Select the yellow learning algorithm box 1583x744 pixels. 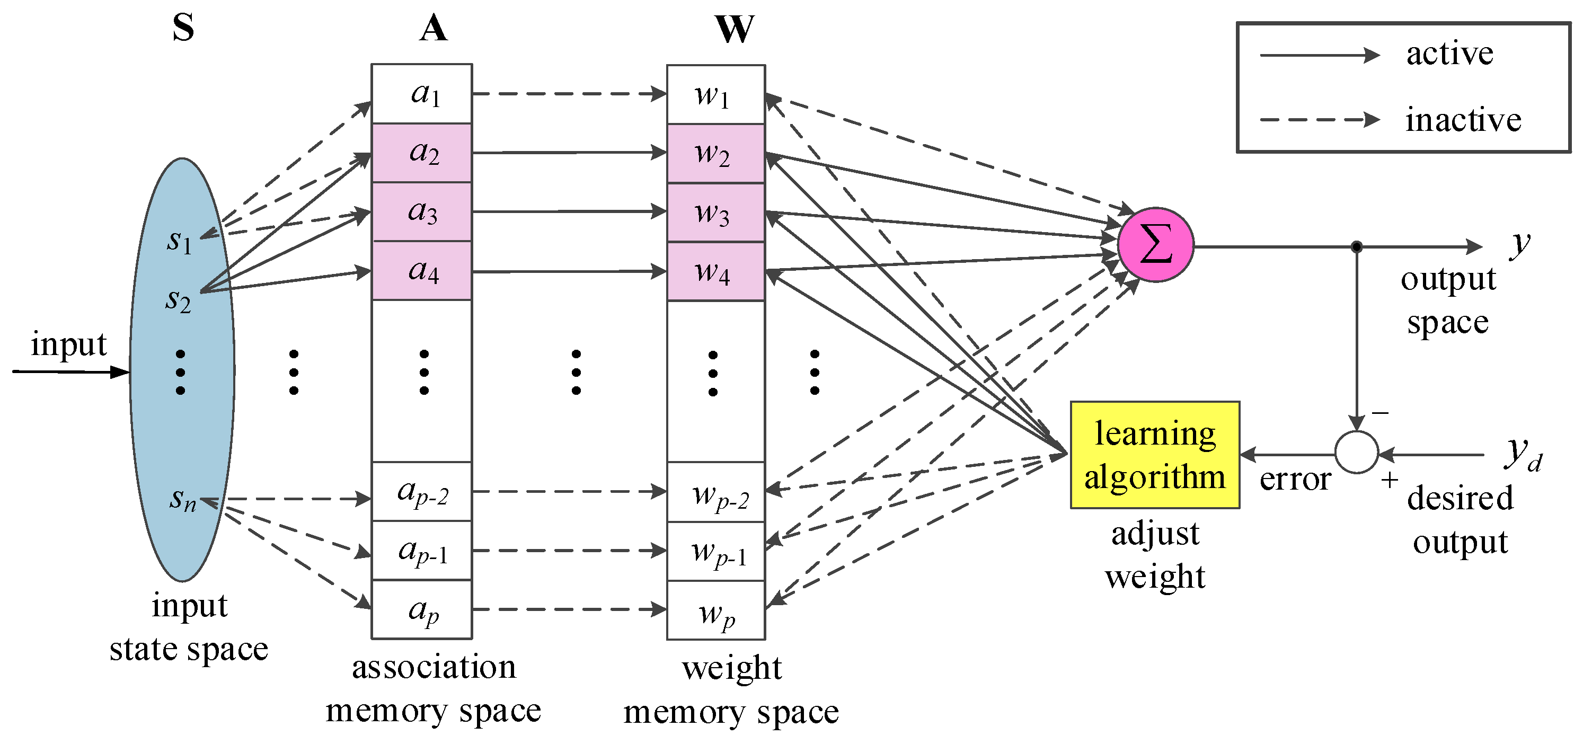1154,455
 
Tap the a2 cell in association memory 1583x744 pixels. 421,153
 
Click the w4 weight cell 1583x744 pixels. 715,271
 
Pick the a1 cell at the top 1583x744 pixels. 421,94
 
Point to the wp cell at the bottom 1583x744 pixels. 715,610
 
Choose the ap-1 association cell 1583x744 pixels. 421,551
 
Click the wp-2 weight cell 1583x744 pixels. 715,492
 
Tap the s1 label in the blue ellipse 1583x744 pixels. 179,240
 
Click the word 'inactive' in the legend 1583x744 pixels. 1463,119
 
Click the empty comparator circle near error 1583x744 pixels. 1356,452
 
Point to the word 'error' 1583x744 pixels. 1295,479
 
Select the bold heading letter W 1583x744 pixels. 734,28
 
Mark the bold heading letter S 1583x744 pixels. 183,28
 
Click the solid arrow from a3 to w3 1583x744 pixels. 569,211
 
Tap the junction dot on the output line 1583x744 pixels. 1356,247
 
